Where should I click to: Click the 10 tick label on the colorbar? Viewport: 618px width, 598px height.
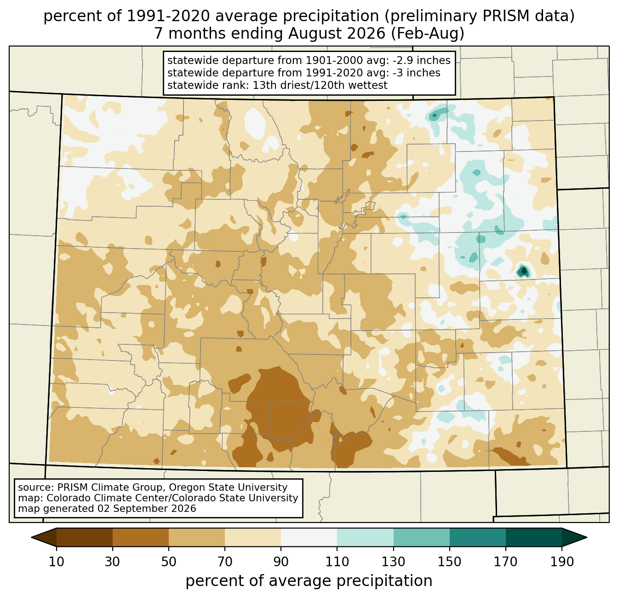click(x=56, y=562)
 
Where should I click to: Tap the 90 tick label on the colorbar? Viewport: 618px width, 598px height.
click(x=281, y=562)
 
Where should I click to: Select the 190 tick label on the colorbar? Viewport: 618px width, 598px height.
click(x=562, y=562)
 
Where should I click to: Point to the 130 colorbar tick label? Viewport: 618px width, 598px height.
click(x=393, y=562)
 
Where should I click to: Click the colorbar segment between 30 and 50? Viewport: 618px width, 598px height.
click(x=140, y=537)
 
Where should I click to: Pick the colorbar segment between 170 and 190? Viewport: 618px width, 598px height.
click(x=533, y=537)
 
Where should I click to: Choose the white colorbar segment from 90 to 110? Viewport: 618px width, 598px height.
click(x=309, y=537)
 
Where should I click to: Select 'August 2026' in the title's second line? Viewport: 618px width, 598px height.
click(x=337, y=34)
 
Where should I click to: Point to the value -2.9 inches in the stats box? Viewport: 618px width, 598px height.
click(x=421, y=60)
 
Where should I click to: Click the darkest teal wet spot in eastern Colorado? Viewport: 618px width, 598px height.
click(x=523, y=271)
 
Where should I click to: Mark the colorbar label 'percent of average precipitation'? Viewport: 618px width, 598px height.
click(x=309, y=581)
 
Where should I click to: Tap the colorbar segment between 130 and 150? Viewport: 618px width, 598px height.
click(x=421, y=537)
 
